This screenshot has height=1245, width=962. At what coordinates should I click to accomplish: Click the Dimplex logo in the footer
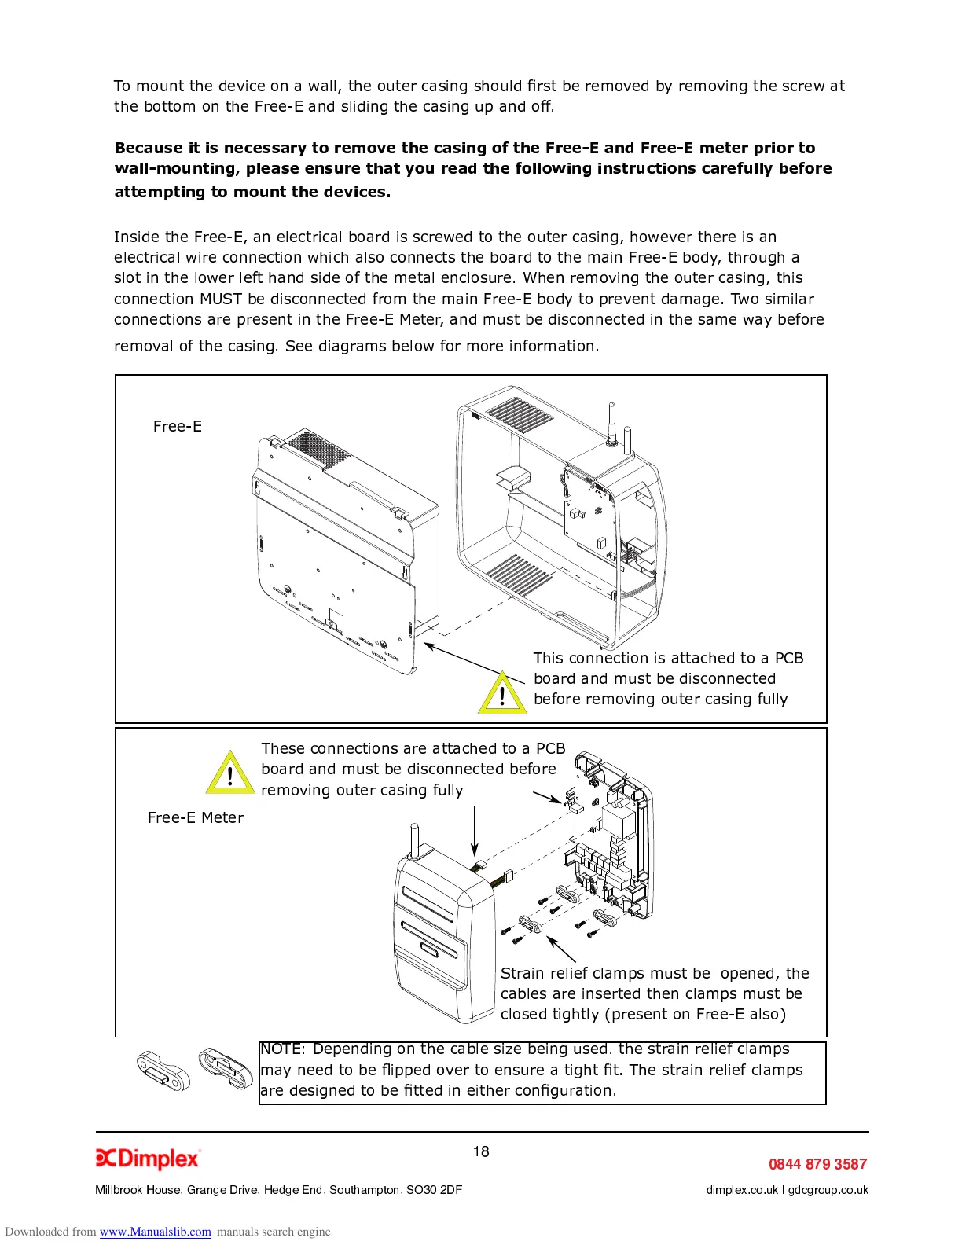pos(148,1159)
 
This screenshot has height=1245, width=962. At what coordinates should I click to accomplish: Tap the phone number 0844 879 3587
pos(817,1164)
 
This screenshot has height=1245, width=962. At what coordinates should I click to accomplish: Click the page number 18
pos(481,1151)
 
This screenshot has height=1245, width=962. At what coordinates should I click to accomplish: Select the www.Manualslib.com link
pos(155,1232)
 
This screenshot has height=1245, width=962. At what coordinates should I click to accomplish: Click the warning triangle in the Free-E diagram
pos(502,694)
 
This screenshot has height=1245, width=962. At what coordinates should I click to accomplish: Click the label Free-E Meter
pos(196,817)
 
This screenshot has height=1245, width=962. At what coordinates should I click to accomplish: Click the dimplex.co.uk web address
pos(742,1190)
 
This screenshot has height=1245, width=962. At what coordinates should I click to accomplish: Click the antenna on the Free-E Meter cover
pos(414,841)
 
